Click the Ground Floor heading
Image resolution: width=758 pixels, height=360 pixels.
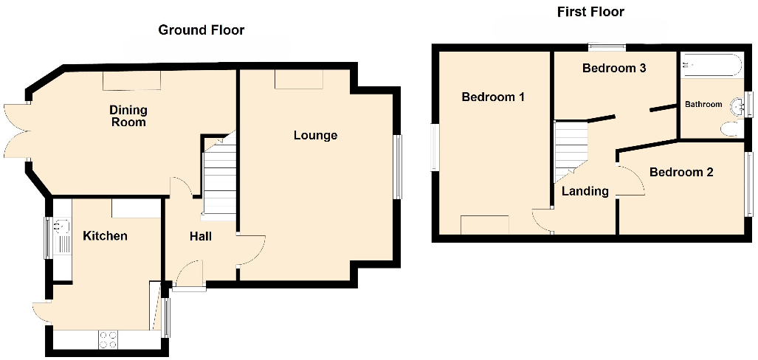(201, 30)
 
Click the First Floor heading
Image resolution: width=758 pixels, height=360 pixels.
(590, 12)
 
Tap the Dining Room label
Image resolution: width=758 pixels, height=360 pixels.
(128, 116)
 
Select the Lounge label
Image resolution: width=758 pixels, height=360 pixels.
(315, 136)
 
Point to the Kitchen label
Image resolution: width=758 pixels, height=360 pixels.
(105, 236)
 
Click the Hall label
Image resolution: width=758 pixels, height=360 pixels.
(200, 236)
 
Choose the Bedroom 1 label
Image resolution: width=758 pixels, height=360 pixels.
(493, 97)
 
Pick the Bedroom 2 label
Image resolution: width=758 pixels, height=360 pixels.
(681, 173)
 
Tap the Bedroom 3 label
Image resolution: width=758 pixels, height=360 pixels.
(614, 69)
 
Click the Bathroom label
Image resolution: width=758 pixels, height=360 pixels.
(703, 105)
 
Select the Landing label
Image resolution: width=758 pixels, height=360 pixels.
(585, 191)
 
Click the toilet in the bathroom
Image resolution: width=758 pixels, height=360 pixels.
(728, 130)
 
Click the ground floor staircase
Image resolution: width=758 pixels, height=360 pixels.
(218, 181)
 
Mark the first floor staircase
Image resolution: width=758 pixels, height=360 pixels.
(570, 148)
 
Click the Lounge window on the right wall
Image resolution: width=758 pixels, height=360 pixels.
(398, 167)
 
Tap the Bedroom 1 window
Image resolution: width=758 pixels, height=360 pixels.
(434, 147)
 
